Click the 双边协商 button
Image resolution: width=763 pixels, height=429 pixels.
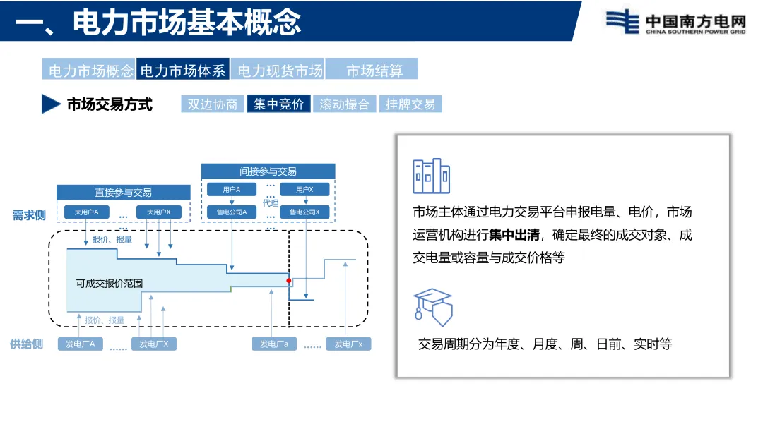click(x=213, y=104)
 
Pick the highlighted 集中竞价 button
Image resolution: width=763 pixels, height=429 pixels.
click(x=278, y=104)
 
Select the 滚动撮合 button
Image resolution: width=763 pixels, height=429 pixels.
click(x=344, y=104)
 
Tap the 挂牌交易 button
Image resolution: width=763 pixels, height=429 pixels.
click(x=410, y=104)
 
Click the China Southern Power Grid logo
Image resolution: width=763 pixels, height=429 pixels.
click(x=675, y=21)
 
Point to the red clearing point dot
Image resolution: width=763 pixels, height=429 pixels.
click(x=289, y=281)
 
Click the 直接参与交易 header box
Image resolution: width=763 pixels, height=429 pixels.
click(x=124, y=192)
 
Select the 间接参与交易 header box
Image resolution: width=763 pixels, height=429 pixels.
click(x=268, y=171)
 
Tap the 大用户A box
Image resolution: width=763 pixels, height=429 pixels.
click(x=86, y=212)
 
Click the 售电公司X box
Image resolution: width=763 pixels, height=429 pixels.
click(x=304, y=212)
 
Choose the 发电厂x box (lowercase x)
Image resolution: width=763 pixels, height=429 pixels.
click(x=348, y=344)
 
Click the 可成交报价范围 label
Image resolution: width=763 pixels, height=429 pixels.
click(x=110, y=284)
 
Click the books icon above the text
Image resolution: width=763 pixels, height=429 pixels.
click(x=431, y=176)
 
